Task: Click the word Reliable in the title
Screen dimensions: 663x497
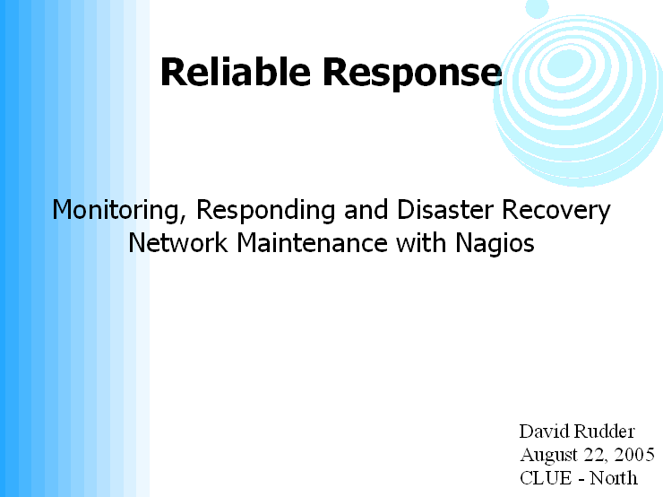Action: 236,72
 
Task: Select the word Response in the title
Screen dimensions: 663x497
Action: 412,74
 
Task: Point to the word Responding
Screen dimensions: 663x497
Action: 266,210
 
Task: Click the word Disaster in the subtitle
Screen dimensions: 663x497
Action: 445,209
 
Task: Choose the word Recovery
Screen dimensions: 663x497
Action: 556,210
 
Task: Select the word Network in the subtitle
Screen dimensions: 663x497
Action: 178,243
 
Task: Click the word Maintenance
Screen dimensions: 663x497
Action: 312,243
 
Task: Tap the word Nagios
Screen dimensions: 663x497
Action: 495,244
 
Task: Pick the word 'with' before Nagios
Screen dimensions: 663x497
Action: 421,243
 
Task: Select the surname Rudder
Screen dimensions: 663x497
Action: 605,432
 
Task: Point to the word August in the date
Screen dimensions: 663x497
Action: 549,456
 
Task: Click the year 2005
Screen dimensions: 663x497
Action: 634,455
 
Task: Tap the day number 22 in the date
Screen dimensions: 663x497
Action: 597,456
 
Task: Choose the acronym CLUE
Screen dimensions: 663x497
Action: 546,478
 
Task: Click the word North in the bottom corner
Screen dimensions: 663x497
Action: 614,478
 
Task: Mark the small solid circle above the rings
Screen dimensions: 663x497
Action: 537,7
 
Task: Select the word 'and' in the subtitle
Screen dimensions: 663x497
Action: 366,209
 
